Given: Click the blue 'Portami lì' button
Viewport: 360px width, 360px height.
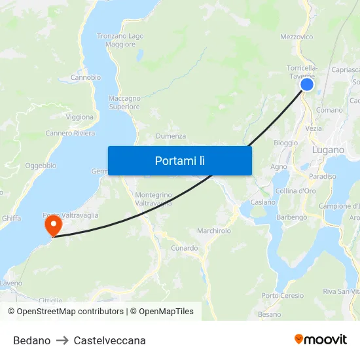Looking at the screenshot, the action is pyautogui.click(x=179, y=160).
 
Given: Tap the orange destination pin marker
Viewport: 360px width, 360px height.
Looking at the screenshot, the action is pyautogui.click(x=52, y=226).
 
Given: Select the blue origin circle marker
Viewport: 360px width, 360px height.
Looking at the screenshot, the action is pyautogui.click(x=306, y=84).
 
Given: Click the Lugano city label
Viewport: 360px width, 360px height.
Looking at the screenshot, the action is pyautogui.click(x=328, y=150).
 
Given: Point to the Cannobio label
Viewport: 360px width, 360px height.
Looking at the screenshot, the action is pyautogui.click(x=86, y=77).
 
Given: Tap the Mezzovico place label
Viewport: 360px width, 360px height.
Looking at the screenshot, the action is pyautogui.click(x=296, y=37).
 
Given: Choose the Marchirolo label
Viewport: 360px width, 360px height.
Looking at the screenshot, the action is pyautogui.click(x=214, y=231).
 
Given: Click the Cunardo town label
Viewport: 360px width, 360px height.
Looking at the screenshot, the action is pyautogui.click(x=184, y=248).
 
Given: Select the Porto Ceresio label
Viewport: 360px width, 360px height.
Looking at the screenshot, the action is pyautogui.click(x=283, y=296).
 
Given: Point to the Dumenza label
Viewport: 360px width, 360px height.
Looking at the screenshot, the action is pyautogui.click(x=171, y=136).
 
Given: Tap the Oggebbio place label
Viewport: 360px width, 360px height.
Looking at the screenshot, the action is pyautogui.click(x=41, y=166).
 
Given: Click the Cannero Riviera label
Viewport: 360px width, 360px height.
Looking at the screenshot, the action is pyautogui.click(x=70, y=134).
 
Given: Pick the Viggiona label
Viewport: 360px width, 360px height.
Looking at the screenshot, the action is pyautogui.click(x=80, y=117).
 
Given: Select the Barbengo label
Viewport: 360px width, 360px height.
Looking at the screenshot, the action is pyautogui.click(x=292, y=217).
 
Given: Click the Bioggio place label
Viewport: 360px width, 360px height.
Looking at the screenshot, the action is pyautogui.click(x=285, y=143).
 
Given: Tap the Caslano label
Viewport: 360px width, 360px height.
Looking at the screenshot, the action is pyautogui.click(x=263, y=203).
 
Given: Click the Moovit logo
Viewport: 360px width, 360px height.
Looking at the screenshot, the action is pyautogui.click(x=320, y=340).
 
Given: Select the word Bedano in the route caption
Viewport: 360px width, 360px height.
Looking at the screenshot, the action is pyautogui.click(x=31, y=340).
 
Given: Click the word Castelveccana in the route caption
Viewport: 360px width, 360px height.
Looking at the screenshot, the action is pyautogui.click(x=109, y=340).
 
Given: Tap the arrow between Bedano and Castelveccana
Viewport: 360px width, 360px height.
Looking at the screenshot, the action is pyautogui.click(x=62, y=340).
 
